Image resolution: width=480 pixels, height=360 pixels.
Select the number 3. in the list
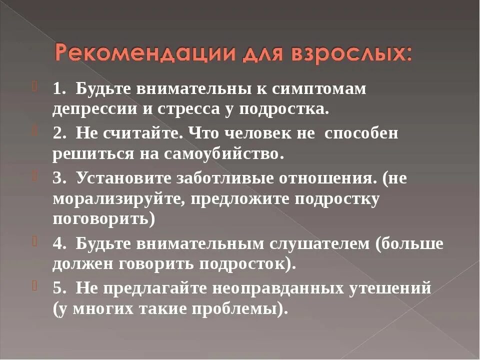[60, 178]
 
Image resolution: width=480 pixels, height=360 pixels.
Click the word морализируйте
[100, 198]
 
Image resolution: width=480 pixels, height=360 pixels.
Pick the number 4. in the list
[60, 243]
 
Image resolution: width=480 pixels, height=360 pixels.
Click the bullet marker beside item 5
[35, 286]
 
